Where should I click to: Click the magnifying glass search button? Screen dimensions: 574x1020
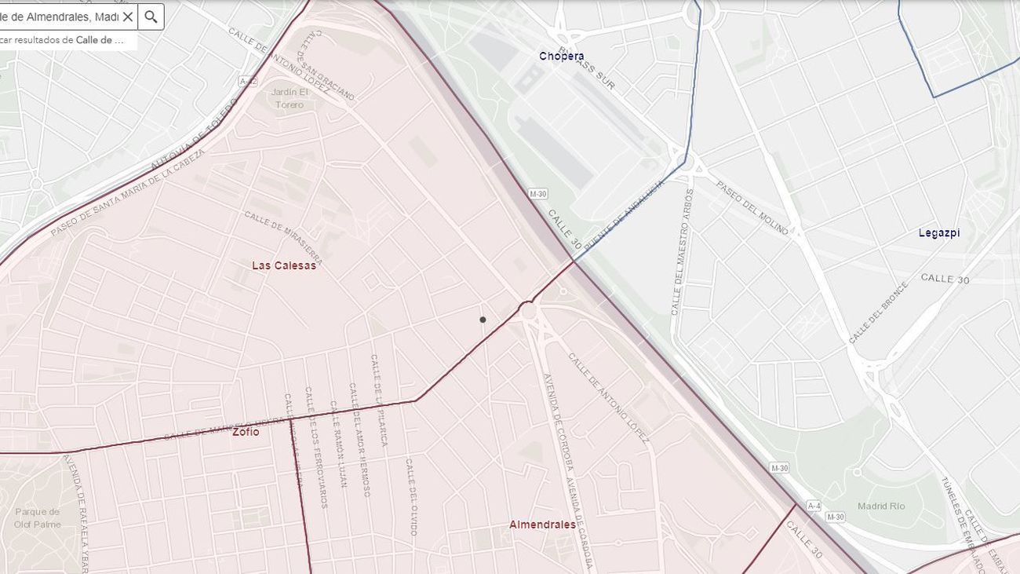(x=151, y=16)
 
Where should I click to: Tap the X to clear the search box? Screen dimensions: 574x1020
(x=128, y=16)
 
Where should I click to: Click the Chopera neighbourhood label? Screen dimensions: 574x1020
(x=561, y=56)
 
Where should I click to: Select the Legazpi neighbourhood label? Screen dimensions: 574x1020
(x=938, y=232)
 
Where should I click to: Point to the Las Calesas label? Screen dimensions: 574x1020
(x=283, y=265)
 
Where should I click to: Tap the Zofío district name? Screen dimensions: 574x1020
(x=246, y=431)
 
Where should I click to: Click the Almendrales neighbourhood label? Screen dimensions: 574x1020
(x=542, y=525)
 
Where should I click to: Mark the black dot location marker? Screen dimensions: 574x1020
(x=483, y=320)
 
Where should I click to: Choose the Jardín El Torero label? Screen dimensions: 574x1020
(x=290, y=98)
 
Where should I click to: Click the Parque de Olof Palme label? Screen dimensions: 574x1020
(x=37, y=517)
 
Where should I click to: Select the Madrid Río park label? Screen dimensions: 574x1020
(x=881, y=506)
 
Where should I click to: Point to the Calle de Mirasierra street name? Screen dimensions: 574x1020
(x=282, y=237)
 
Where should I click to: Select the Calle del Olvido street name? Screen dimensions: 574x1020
(x=410, y=497)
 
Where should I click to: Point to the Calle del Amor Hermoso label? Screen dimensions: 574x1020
(x=359, y=440)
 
